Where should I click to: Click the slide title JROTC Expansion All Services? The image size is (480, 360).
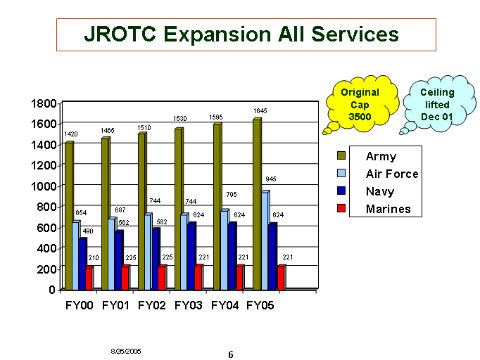[241, 34]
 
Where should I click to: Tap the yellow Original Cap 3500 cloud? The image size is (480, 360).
[360, 104]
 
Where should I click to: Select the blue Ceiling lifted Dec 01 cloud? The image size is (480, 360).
[437, 103]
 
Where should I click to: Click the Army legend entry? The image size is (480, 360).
[381, 156]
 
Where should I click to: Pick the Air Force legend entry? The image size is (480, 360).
[391, 174]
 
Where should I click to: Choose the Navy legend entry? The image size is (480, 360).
[380, 191]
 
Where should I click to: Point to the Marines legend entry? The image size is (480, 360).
[388, 209]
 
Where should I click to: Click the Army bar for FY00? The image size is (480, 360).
[68, 215]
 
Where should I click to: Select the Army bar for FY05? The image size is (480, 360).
[256, 204]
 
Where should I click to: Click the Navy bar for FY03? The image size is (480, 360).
[191, 256]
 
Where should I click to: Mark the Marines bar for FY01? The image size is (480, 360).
[125, 278]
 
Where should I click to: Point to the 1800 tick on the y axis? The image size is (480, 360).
[44, 103]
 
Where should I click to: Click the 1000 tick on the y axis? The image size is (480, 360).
[44, 186]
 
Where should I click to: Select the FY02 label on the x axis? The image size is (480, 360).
[151, 306]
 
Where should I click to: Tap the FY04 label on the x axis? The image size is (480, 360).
[224, 306]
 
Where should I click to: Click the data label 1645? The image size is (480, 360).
[260, 111]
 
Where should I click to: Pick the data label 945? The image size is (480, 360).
[271, 179]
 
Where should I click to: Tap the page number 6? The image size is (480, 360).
[230, 354]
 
